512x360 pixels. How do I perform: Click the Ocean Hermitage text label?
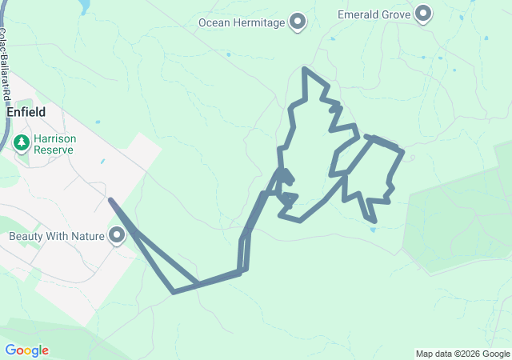[x=242, y=22]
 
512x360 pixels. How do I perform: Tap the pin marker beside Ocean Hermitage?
[x=298, y=22]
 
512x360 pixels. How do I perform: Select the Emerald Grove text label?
[x=374, y=14]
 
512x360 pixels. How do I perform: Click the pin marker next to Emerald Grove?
[x=424, y=14]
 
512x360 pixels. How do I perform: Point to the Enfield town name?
[x=26, y=113]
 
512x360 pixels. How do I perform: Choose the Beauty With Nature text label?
[x=57, y=237]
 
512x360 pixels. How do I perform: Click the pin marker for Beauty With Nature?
[x=118, y=236]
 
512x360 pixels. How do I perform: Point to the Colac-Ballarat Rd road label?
[x=6, y=64]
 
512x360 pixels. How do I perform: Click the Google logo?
[x=26, y=350]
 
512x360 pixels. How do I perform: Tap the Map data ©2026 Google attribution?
[x=462, y=354]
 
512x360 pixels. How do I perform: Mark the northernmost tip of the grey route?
[x=304, y=69]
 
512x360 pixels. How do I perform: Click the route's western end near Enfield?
[x=110, y=200]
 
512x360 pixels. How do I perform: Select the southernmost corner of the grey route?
[x=174, y=292]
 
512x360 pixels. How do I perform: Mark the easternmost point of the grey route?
[x=402, y=151]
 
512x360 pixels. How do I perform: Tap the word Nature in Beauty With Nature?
[x=90, y=237]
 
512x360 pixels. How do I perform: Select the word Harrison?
[x=54, y=138]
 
